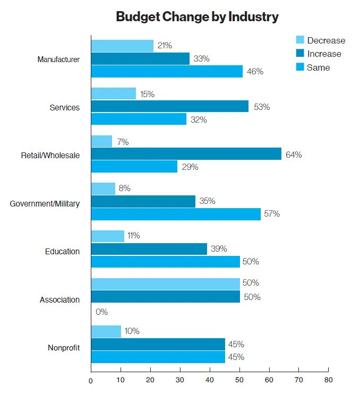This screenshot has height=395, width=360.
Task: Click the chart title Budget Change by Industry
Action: point(197,17)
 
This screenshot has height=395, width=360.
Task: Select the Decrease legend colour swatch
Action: point(299,40)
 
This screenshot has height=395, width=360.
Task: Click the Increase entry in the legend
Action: point(324,54)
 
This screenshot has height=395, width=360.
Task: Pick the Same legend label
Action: point(318,67)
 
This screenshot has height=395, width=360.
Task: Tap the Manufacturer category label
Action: point(58,59)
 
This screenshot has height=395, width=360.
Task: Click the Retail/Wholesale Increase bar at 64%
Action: point(186,154)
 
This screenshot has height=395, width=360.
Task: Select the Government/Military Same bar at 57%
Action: point(176,214)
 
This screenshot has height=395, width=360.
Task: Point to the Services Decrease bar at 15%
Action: point(114,94)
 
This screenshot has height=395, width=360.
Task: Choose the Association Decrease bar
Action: point(165,284)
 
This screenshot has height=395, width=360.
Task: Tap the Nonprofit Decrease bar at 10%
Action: point(106,331)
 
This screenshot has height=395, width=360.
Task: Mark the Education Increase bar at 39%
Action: point(149,248)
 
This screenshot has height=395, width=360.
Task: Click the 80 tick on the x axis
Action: point(328,380)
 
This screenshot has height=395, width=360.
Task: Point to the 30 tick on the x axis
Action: point(180,380)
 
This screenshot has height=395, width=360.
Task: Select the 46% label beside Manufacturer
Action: point(255,71)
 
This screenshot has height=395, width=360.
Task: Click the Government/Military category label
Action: point(45,203)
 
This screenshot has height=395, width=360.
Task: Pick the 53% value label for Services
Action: point(261,107)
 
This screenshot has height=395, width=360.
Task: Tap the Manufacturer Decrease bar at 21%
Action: point(122,46)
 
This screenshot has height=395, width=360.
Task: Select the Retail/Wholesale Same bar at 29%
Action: point(134,167)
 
